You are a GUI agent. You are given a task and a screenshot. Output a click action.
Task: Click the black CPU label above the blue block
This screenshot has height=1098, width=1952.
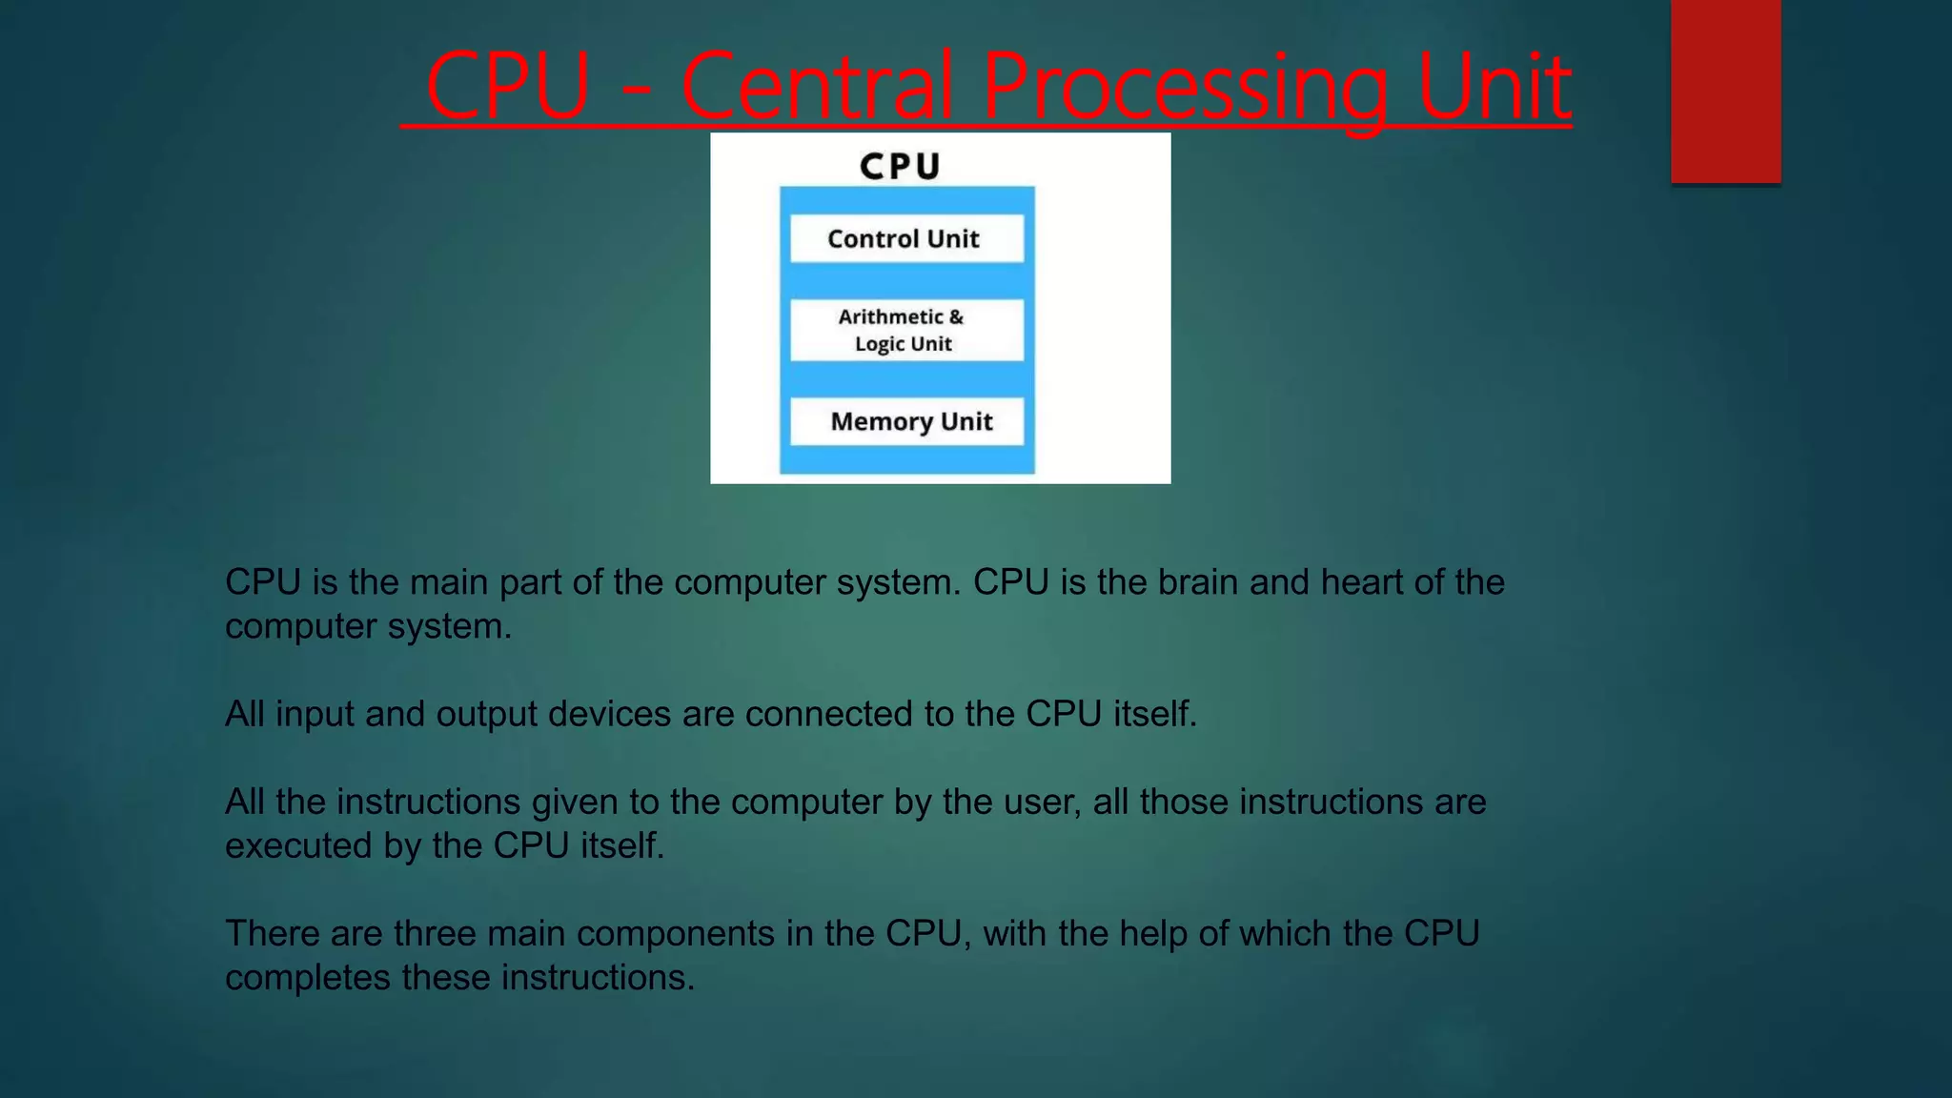(900, 167)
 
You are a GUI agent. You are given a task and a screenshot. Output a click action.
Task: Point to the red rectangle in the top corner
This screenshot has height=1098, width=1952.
(1725, 91)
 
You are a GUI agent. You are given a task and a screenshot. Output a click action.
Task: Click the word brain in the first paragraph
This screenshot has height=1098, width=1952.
(1198, 582)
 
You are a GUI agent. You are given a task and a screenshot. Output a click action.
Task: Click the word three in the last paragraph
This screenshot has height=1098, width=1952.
(435, 934)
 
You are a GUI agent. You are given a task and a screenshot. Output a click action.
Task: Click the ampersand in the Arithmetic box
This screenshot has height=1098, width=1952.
(956, 316)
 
